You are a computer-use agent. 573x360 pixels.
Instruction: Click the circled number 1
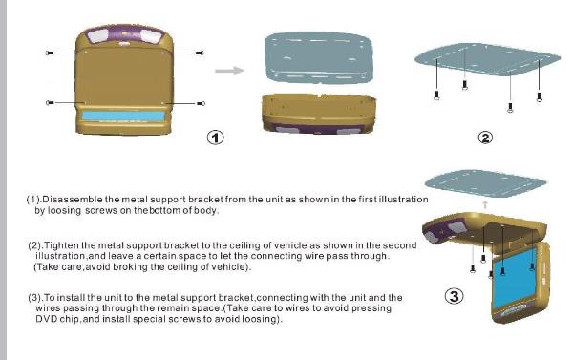[x=215, y=138]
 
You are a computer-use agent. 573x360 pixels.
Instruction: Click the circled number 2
[x=485, y=138]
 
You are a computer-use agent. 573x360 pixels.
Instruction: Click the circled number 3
[x=454, y=296]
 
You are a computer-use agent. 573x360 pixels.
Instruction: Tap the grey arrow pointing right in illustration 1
[x=229, y=71]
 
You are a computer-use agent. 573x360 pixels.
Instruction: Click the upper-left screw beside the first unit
[x=50, y=53]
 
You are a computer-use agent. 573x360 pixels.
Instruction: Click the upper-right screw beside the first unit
[x=200, y=53]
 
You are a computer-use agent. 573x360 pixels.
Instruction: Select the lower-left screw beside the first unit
[x=50, y=103]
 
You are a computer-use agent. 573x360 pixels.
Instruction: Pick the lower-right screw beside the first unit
[x=201, y=104]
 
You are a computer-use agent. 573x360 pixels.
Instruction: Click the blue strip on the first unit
[x=123, y=116]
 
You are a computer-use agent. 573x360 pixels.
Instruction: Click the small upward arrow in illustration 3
[x=485, y=204]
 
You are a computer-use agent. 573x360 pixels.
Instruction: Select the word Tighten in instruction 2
[x=61, y=245]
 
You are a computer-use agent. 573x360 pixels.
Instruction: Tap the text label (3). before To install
[x=36, y=298]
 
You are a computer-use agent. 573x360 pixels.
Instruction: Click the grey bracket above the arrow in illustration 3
[x=485, y=182]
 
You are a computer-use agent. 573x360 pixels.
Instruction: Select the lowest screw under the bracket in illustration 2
[x=510, y=108]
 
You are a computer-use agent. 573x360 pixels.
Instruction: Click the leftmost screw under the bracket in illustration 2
[x=436, y=95]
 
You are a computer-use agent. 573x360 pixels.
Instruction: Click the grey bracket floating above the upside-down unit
[x=318, y=57]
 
